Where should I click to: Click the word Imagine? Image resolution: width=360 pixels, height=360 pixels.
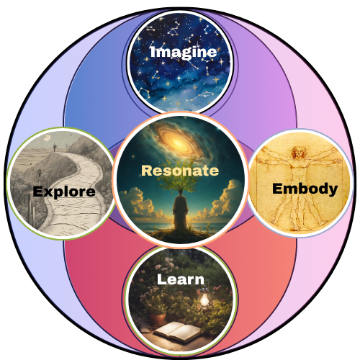point(184,52)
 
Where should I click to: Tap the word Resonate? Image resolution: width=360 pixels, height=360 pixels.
point(180,171)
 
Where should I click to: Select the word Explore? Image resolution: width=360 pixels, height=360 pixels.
point(64,192)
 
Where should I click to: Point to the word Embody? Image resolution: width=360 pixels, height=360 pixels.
point(305,189)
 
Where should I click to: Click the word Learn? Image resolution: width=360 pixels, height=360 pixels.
point(181,279)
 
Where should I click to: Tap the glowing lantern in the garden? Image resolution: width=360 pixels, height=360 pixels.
point(204,297)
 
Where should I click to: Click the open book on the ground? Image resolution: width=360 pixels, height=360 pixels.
point(177,332)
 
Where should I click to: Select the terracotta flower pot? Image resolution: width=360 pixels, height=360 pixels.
point(157,319)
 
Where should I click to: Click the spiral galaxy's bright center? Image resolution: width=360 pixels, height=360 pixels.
point(178,143)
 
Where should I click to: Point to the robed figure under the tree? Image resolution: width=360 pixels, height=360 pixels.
point(180,211)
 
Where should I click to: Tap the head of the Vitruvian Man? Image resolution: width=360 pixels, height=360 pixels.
point(299,152)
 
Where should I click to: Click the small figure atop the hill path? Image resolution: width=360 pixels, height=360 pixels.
point(55,147)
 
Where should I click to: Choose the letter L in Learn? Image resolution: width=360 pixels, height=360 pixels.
point(162,279)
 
